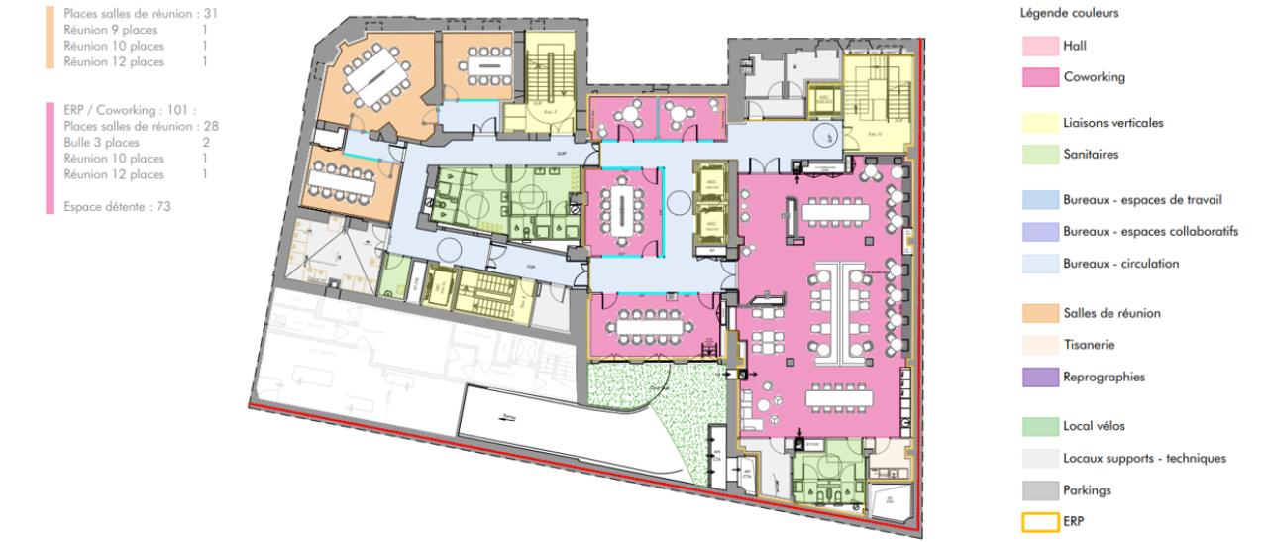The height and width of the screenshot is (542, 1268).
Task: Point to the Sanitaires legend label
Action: (1093, 155)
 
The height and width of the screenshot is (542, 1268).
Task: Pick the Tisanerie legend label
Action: (1087, 345)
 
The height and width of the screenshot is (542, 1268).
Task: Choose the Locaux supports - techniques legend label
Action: (1144, 458)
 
